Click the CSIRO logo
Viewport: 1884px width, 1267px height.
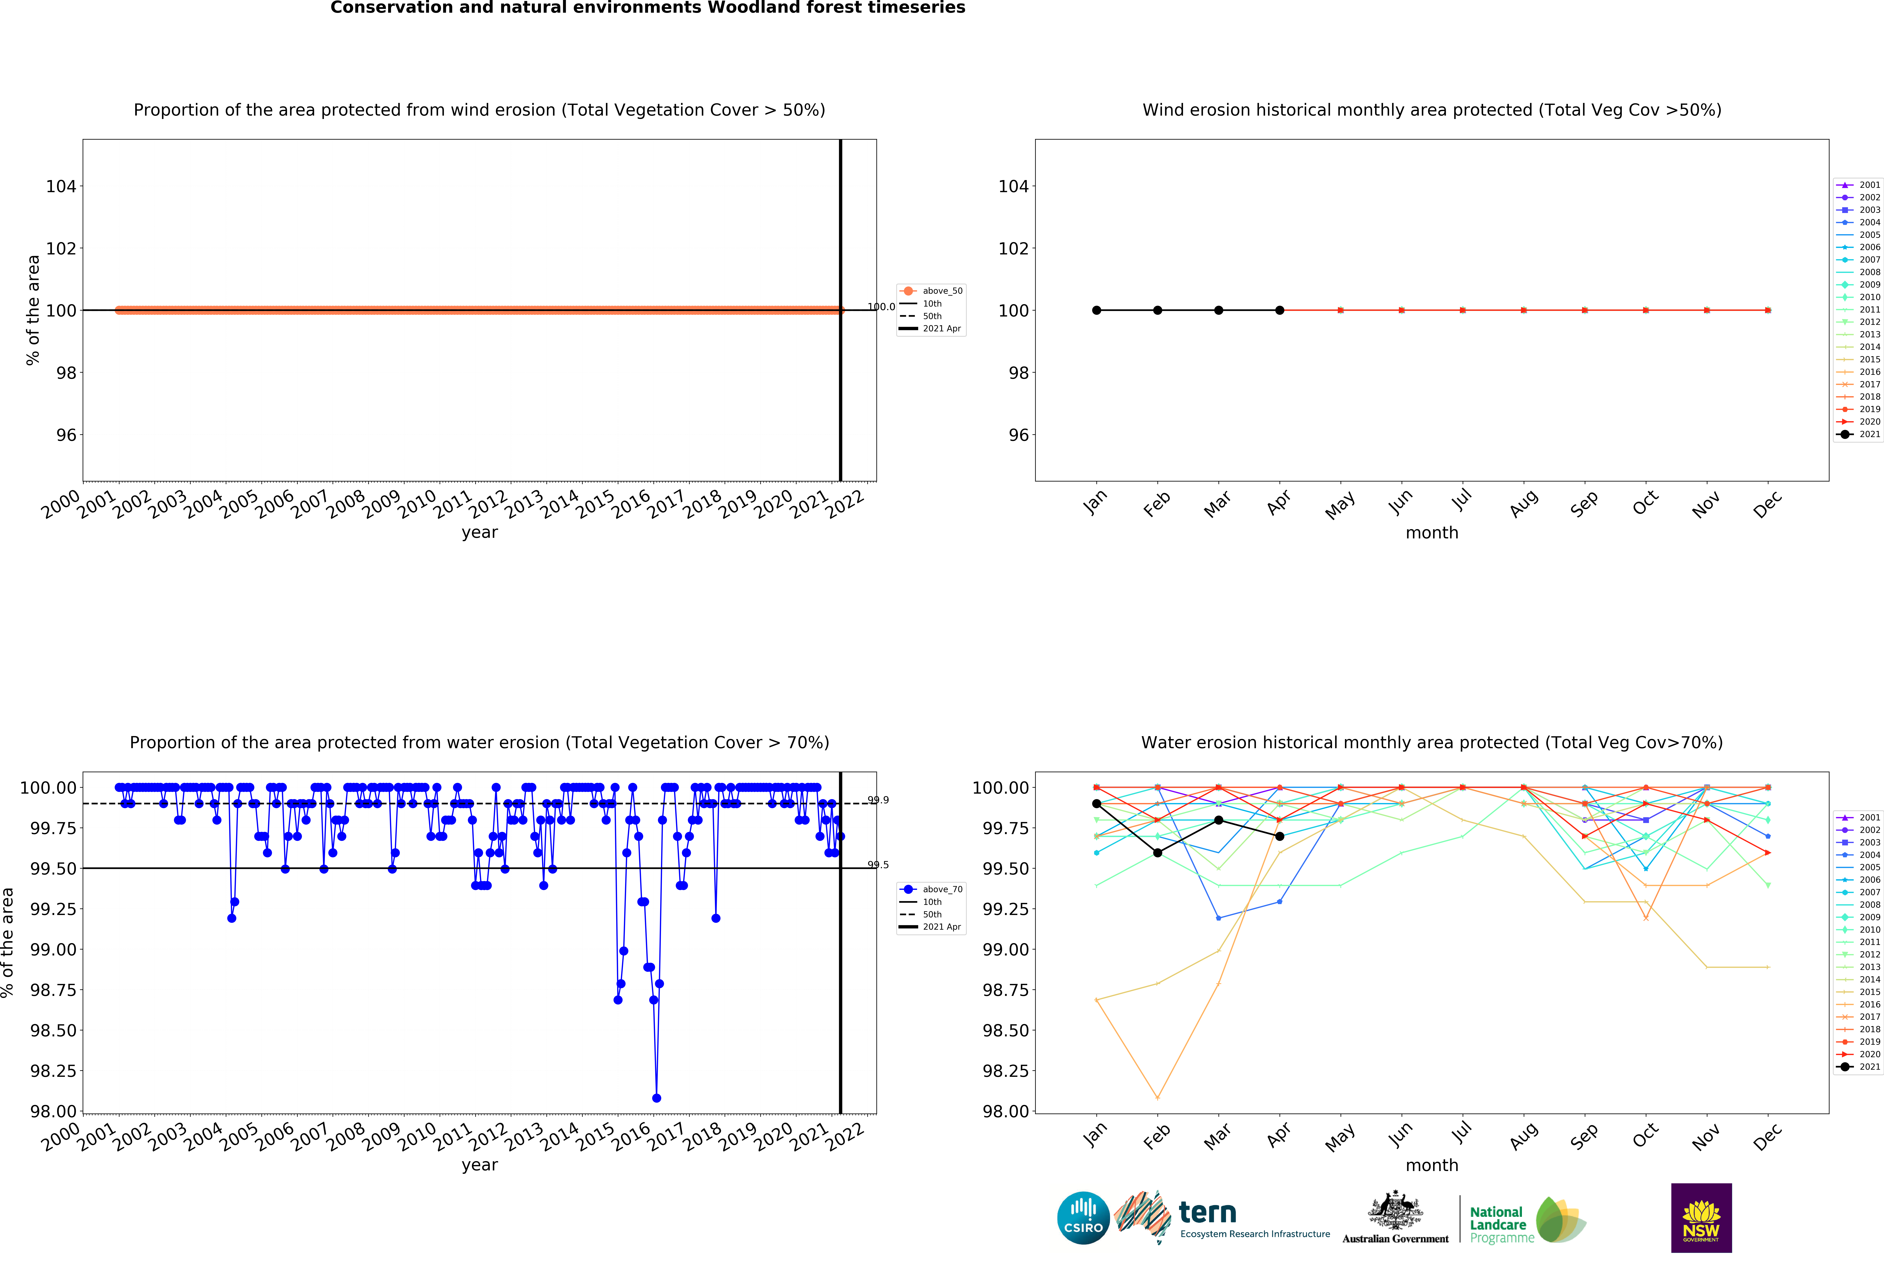coord(1083,1218)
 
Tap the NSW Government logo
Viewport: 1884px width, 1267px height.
coord(1701,1218)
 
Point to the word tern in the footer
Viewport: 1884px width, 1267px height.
coord(1207,1212)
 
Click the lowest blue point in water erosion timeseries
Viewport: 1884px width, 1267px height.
coord(657,1098)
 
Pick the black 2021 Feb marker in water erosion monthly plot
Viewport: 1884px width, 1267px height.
coord(1157,853)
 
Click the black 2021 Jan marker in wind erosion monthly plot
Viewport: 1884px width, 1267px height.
coord(1096,310)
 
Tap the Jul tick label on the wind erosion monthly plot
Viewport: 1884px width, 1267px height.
coord(1462,501)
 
